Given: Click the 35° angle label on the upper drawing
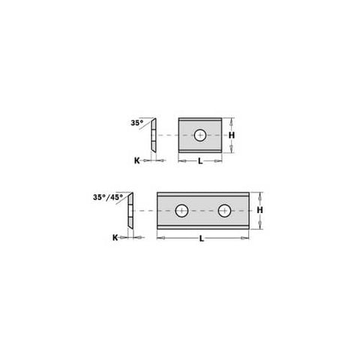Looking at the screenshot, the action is [137, 123].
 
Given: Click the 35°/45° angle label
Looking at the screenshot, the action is [108, 197].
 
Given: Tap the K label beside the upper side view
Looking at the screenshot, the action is [137, 160].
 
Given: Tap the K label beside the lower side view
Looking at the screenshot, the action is [115, 238].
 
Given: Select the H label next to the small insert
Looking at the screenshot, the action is [232, 135].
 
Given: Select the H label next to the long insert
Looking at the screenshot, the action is [260, 210].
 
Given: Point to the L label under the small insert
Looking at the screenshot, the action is [200, 161].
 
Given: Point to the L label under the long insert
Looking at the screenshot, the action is [202, 238].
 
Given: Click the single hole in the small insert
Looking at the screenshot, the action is [200, 135].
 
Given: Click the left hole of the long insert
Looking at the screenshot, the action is [181, 211].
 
